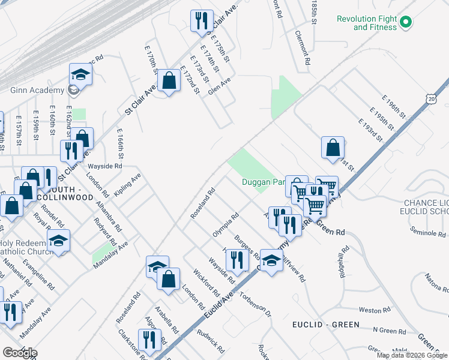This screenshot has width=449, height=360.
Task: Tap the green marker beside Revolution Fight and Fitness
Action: tap(405, 23)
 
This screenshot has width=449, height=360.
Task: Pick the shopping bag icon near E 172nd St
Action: tap(170, 80)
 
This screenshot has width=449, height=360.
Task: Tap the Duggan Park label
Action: tap(262, 182)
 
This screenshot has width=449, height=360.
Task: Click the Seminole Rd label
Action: tap(426, 231)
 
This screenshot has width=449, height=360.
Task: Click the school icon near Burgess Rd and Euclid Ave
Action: tap(271, 260)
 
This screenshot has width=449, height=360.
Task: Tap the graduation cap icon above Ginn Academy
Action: tap(80, 74)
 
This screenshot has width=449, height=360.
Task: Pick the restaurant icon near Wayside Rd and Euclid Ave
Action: tap(238, 260)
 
